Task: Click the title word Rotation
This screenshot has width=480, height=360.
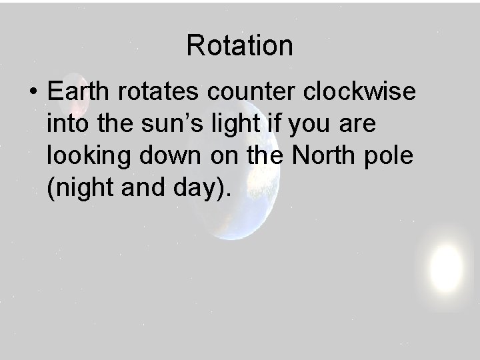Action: (239, 46)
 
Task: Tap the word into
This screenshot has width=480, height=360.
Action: (66, 125)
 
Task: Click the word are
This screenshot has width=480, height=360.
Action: (360, 125)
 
